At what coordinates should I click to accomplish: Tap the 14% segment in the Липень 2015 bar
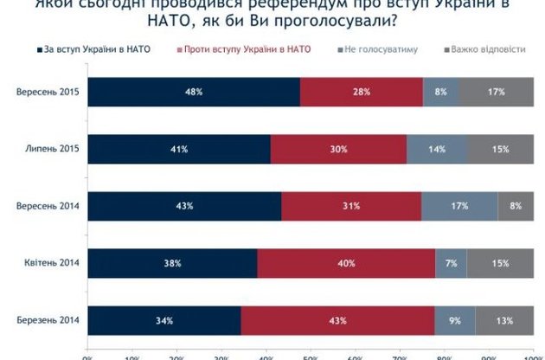point(437,150)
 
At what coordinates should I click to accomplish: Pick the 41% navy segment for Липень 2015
point(179,150)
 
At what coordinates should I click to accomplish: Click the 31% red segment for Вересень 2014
point(351,206)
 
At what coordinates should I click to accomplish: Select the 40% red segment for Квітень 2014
point(346,263)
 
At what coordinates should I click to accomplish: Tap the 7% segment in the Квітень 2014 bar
point(451,263)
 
